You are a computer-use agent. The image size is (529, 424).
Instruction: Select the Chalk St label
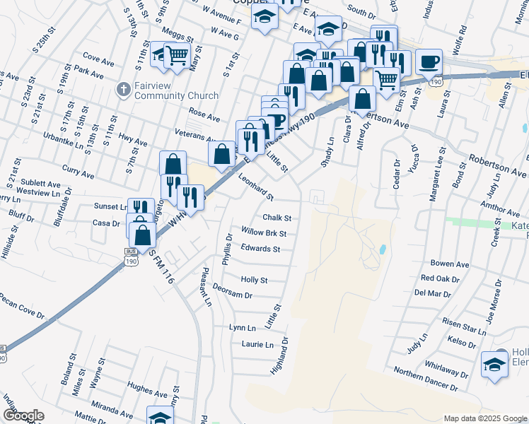[x=277, y=218]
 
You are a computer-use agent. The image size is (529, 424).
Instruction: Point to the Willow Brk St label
[x=264, y=232]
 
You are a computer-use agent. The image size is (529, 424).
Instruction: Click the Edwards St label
[x=260, y=249]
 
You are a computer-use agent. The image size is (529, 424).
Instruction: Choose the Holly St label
[x=255, y=280]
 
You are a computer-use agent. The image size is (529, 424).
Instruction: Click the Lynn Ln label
[x=242, y=328]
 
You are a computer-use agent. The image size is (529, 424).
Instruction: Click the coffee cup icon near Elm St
[x=429, y=61]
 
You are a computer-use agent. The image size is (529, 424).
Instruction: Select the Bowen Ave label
[x=454, y=264]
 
